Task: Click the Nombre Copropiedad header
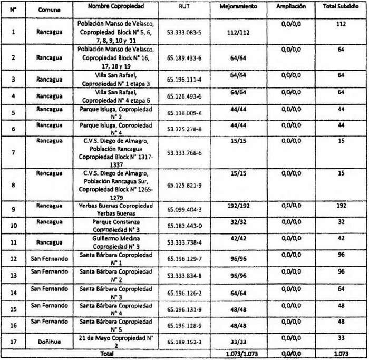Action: (115, 7)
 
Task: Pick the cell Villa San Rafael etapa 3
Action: (115, 79)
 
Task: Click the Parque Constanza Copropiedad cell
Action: (115, 226)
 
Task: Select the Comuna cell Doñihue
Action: (50, 340)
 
